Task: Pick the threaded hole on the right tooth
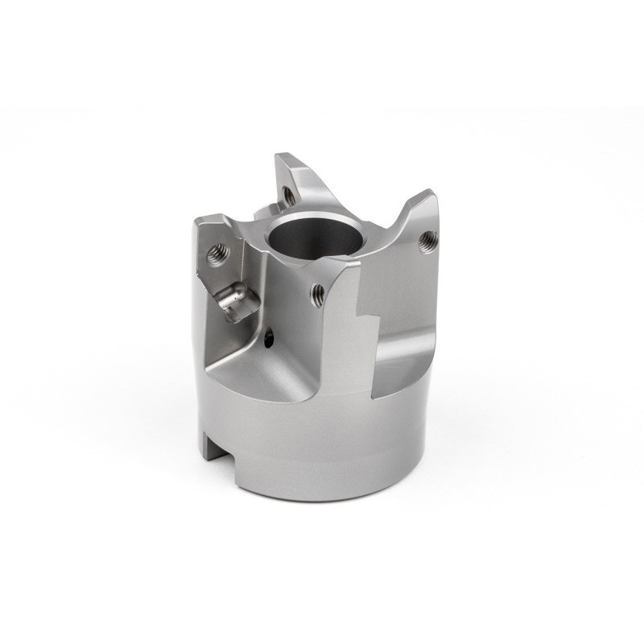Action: (427, 238)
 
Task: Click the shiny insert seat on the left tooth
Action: (235, 303)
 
